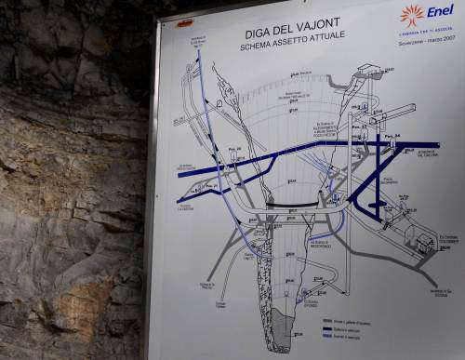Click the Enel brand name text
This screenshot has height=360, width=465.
click(441, 11)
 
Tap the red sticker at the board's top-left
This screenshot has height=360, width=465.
click(186, 21)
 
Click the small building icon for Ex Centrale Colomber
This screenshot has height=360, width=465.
click(424, 244)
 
